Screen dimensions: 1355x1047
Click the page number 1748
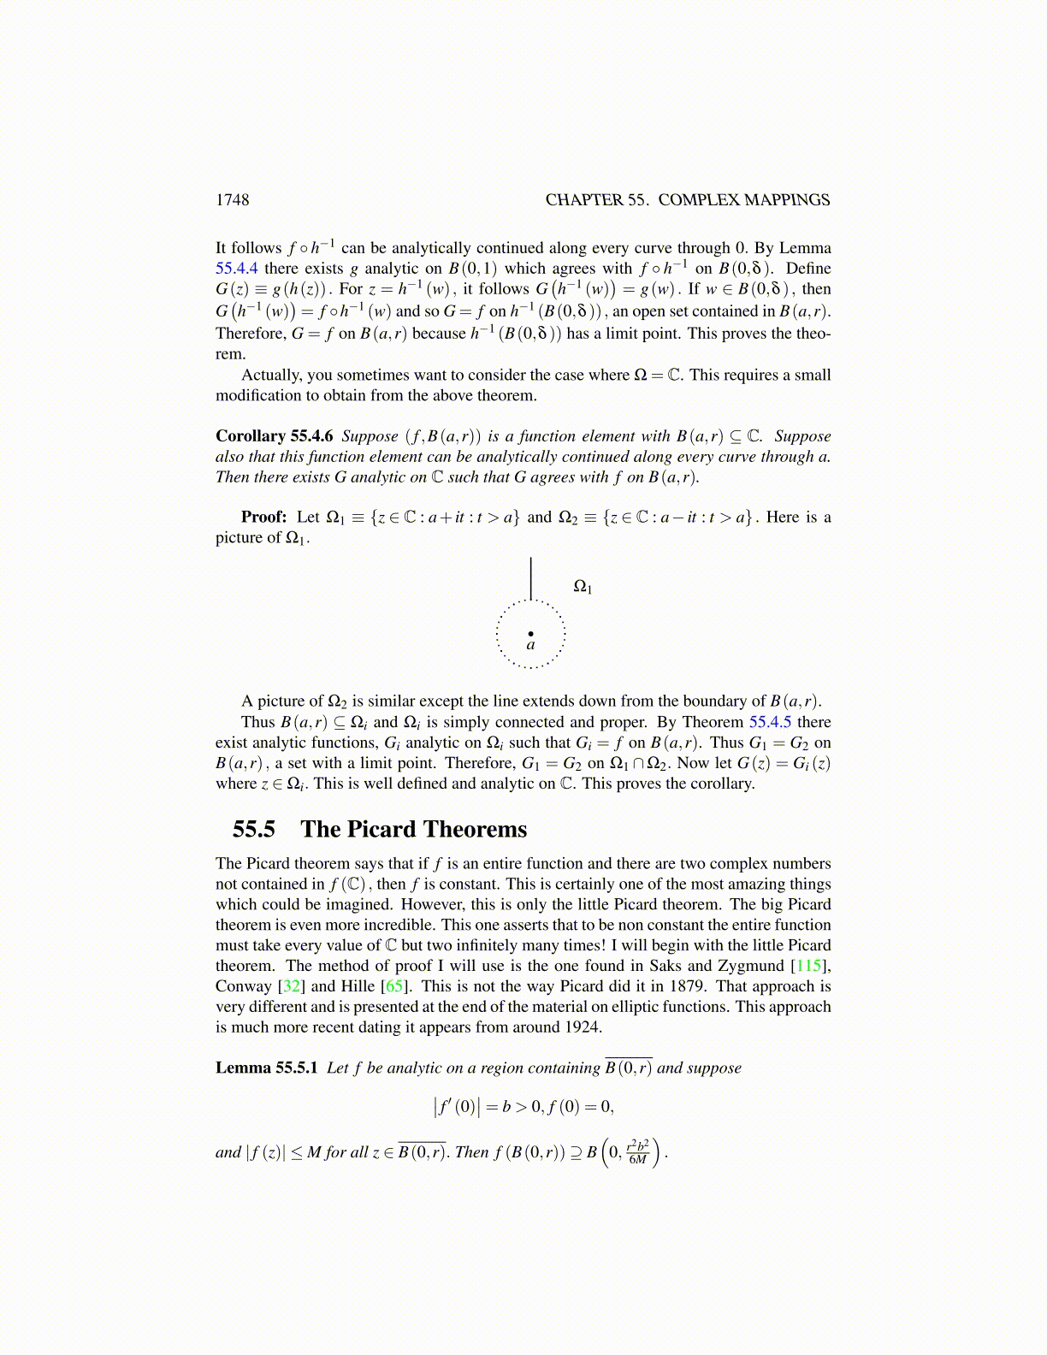[232, 200]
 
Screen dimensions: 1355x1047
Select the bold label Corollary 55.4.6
[274, 436]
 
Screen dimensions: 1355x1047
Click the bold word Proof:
[263, 517]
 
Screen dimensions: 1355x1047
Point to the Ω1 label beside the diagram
[583, 587]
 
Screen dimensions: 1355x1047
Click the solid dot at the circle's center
[531, 633]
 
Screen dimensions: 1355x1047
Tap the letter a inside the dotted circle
[531, 646]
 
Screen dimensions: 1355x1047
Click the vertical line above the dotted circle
[531, 578]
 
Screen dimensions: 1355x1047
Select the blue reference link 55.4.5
[770, 722]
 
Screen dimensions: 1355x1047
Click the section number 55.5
[254, 829]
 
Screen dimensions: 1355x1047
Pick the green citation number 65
[396, 986]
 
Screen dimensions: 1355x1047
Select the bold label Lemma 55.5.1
[267, 1068]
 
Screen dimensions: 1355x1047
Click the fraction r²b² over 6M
[638, 1152]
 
